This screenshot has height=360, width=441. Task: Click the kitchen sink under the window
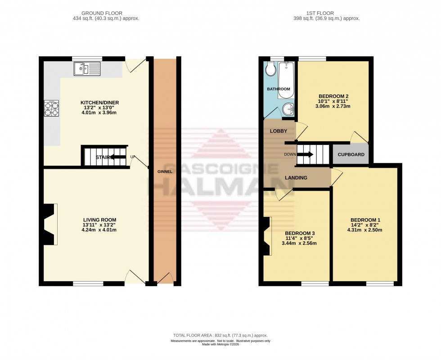click(x=87, y=69)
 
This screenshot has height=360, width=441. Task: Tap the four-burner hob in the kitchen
click(x=51, y=108)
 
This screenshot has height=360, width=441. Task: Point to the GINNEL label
click(x=165, y=172)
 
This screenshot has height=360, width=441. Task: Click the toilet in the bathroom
click(x=270, y=69)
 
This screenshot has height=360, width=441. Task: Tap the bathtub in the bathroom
click(x=286, y=80)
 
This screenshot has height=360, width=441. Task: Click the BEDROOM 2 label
click(x=333, y=96)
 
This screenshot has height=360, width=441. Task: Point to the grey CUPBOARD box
click(x=351, y=154)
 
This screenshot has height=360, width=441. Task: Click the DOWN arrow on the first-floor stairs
click(x=305, y=154)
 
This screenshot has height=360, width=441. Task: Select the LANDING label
click(x=296, y=178)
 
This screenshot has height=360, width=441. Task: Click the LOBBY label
click(x=279, y=131)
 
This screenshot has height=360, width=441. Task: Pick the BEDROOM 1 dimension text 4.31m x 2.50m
click(x=364, y=230)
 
